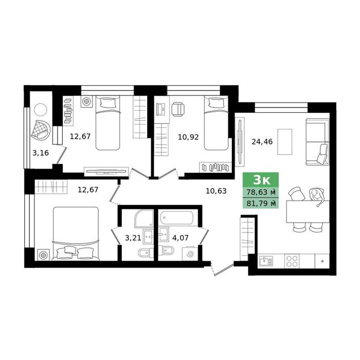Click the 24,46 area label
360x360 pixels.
262,142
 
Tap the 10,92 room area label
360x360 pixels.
188,137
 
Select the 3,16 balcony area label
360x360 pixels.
41,153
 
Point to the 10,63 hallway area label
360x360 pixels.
216,191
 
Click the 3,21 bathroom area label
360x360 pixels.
133,238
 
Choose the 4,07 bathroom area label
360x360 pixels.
181,238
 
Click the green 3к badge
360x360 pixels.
261,180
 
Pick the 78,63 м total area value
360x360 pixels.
261,192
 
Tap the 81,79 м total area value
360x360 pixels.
261,203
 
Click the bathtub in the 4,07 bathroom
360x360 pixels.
176,218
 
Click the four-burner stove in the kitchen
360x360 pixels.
292,261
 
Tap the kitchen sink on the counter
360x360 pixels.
266,261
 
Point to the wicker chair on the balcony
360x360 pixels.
41,130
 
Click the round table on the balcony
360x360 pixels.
41,110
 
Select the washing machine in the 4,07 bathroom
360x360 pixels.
189,254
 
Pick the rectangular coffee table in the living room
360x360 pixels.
285,142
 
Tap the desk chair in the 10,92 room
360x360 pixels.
178,109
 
